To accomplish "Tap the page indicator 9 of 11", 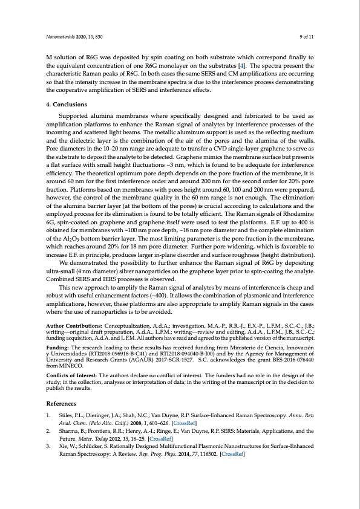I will [306, 37].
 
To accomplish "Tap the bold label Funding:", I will [58, 348].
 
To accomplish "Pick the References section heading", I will [61, 403].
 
